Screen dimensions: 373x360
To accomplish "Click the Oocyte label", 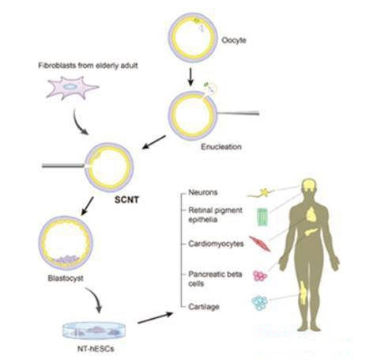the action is [x=234, y=40].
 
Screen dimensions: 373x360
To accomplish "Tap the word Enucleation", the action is [x=221, y=146].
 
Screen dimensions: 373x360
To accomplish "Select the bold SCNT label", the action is [x=126, y=199].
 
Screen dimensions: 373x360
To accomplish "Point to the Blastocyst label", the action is [x=66, y=279].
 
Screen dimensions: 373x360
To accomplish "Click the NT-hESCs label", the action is [x=96, y=349].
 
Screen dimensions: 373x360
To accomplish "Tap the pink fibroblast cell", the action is [x=72, y=88].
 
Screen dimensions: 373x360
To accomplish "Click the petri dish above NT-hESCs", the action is [x=94, y=331].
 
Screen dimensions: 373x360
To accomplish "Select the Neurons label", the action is [x=203, y=192].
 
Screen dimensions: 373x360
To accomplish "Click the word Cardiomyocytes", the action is [x=216, y=244].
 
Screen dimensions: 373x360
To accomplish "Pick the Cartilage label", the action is [x=204, y=307].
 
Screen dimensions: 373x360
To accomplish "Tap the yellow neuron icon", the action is [x=262, y=193].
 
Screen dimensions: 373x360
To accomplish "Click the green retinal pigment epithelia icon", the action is [x=262, y=217].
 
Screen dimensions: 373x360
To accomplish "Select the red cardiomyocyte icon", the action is [x=260, y=244].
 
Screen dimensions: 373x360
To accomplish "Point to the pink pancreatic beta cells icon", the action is [x=260, y=276].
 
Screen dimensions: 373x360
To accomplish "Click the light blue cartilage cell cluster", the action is [x=260, y=303].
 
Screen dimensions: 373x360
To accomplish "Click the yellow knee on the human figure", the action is [x=304, y=293].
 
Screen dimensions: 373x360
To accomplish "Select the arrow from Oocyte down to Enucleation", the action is [x=191, y=77].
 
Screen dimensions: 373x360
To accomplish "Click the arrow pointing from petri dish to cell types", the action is [x=156, y=317].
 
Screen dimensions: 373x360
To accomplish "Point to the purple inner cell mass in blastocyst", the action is [x=67, y=259].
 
